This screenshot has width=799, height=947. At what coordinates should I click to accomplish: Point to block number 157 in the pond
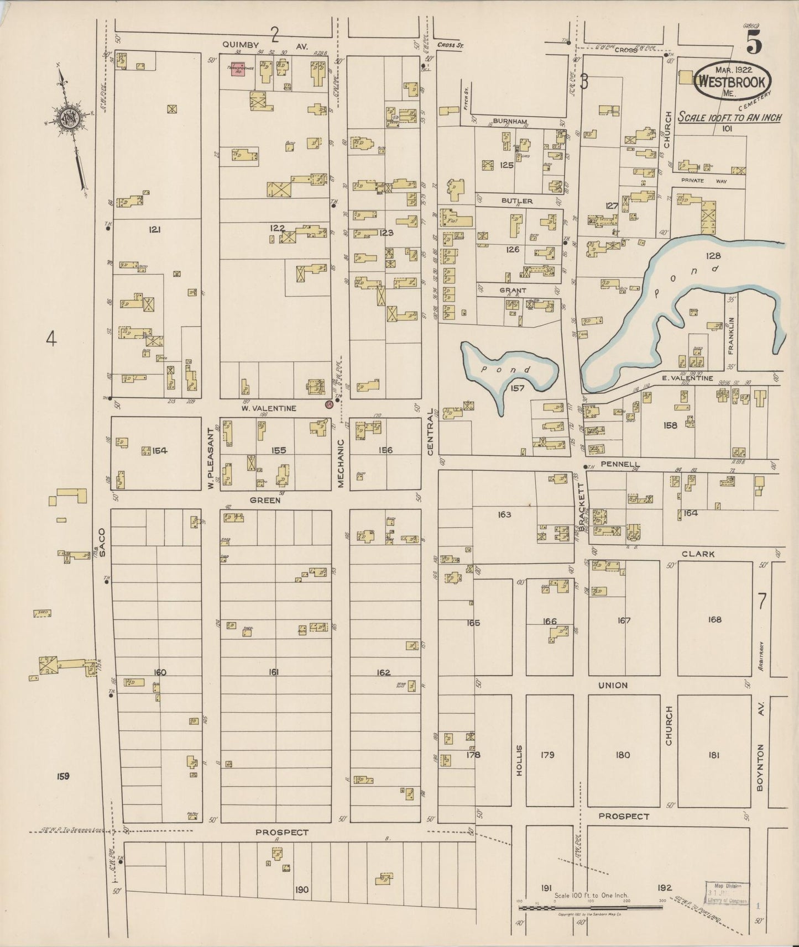pos(517,388)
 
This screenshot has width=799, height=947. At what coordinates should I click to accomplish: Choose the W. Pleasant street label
pos(211,458)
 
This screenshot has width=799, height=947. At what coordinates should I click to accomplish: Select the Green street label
pos(265,500)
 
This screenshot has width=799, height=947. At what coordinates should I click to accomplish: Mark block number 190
pos(301,890)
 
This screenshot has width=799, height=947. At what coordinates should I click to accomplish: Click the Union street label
pos(613,685)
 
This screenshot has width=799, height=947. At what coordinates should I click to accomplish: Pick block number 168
pos(714,619)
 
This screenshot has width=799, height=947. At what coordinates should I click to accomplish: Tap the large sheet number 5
pos(754,43)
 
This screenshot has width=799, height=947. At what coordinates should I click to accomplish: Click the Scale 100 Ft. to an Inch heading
pos(729,117)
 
